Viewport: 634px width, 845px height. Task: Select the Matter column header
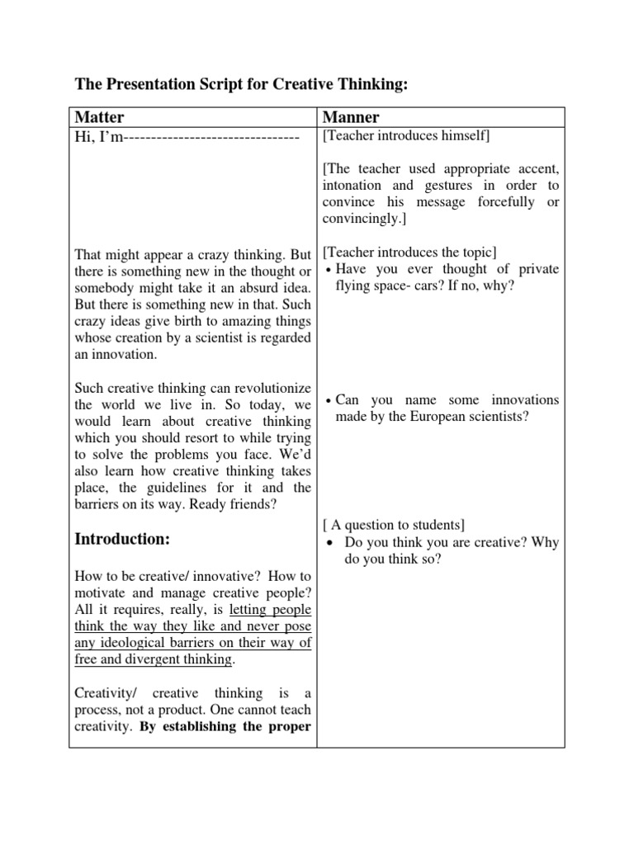click(99, 118)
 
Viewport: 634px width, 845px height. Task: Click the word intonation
click(355, 185)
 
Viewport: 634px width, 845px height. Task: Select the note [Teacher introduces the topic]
click(410, 252)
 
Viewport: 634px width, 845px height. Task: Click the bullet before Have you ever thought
click(329, 270)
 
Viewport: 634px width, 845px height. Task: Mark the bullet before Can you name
click(329, 400)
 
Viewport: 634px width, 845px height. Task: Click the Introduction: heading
click(123, 539)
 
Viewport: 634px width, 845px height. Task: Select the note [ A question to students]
click(395, 525)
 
